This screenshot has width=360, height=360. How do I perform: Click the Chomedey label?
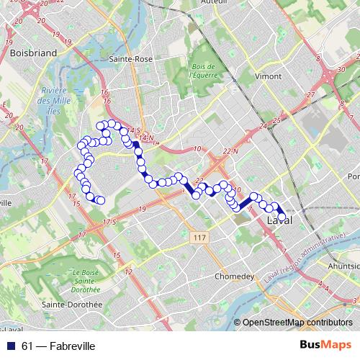click(234, 276)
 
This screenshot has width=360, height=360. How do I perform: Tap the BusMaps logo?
click(326, 346)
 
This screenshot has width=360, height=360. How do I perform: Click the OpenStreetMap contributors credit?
click(297, 323)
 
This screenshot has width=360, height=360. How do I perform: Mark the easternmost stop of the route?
click(282, 216)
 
